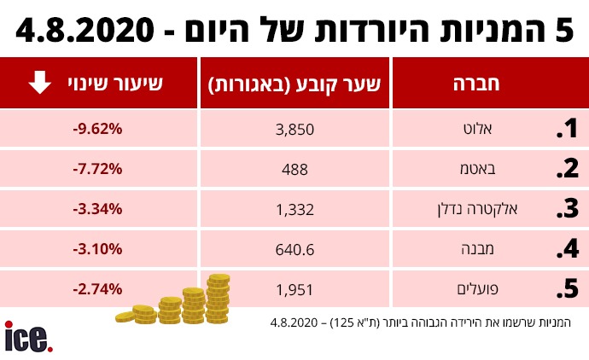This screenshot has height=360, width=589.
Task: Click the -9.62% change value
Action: [98, 129]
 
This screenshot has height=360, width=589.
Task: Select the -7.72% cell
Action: [98, 169]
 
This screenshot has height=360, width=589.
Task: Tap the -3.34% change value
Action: [98, 209]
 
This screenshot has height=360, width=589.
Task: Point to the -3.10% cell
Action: [98, 249]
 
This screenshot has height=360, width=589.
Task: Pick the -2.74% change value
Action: [98, 289]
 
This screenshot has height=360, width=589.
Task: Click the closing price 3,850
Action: [295, 129]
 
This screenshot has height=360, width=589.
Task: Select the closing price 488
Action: [295, 169]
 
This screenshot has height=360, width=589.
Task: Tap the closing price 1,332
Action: [295, 209]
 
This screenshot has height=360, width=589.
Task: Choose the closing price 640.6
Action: [295, 249]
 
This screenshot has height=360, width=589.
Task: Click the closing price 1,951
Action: [295, 289]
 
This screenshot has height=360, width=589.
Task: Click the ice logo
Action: [28, 336]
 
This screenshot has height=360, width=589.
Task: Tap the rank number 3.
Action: [567, 209]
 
